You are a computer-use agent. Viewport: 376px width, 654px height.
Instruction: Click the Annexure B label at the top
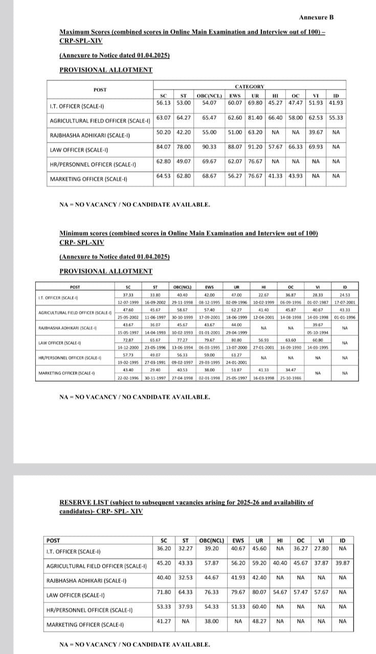[x=316, y=17]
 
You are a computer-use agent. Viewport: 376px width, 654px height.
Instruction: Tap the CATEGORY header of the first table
[x=249, y=87]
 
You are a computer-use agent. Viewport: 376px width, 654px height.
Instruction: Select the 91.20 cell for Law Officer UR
[x=255, y=147]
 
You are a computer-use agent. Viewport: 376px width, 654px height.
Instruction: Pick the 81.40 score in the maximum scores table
[x=255, y=118]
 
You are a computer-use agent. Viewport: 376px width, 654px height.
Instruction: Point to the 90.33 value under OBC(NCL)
[x=209, y=147]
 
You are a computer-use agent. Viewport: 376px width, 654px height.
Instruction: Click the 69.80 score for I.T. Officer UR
[x=255, y=102]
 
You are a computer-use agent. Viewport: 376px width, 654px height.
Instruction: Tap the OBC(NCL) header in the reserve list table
[x=211, y=540]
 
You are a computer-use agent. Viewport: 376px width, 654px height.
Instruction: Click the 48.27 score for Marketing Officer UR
[x=259, y=621]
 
